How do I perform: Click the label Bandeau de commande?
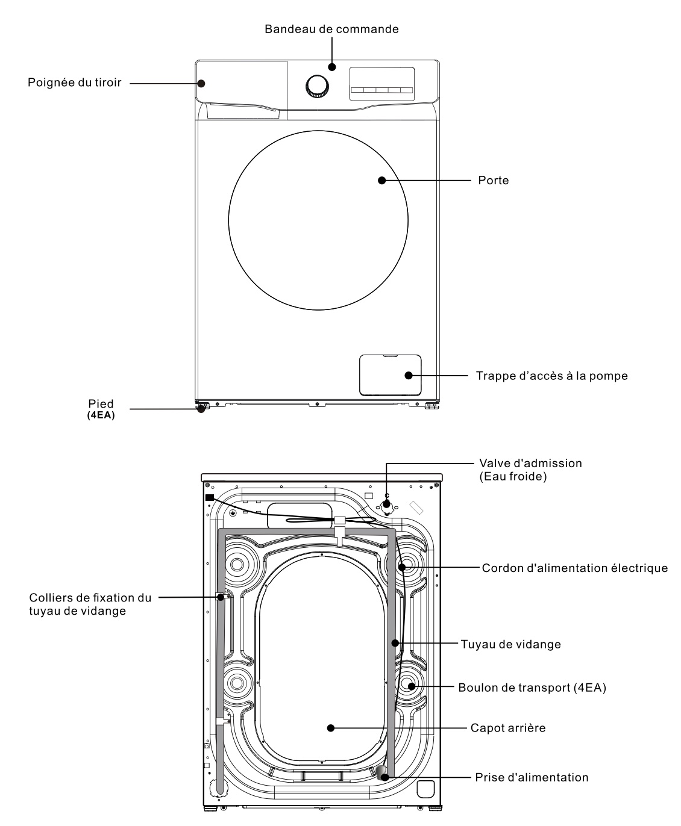331,29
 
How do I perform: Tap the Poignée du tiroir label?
74,82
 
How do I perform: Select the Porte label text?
493,180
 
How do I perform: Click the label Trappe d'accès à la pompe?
551,376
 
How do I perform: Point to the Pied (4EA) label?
101,408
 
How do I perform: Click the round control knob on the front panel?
317,86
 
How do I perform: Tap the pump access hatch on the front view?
390,374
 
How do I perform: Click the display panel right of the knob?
382,83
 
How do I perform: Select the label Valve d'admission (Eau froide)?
530,470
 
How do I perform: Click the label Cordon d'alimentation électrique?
574,568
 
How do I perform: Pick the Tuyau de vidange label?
510,644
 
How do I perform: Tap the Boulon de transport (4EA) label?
532,687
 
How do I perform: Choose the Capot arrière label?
507,728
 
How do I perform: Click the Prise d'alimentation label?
532,777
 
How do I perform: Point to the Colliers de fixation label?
90,604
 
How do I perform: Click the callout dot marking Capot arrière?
330,728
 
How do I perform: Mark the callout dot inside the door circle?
381,180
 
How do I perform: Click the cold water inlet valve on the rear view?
386,504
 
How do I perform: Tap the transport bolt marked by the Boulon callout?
410,686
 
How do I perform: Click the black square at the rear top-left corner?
209,497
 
